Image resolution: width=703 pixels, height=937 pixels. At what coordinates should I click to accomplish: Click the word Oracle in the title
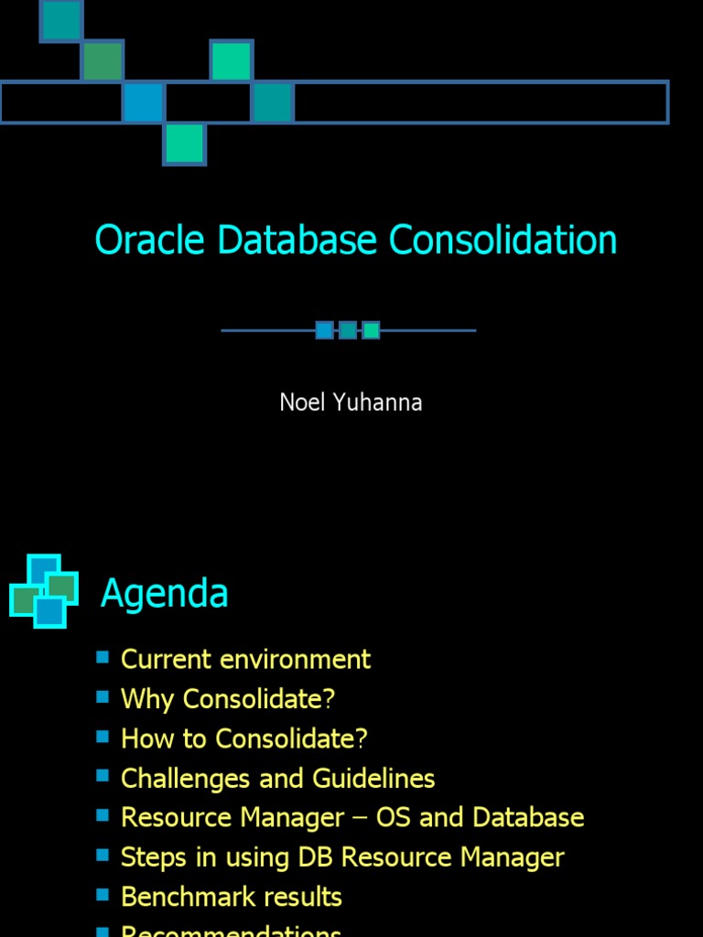click(151, 241)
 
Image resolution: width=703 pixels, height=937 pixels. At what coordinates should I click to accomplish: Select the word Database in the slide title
click(297, 241)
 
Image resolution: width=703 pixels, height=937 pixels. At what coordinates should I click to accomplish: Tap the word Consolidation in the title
click(503, 241)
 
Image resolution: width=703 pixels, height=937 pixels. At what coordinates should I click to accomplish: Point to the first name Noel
click(302, 403)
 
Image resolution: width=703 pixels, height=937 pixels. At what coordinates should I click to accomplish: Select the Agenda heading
click(164, 593)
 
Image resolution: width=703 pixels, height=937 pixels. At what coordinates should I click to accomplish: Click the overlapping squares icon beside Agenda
click(43, 591)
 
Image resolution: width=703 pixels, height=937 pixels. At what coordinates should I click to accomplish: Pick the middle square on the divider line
click(348, 330)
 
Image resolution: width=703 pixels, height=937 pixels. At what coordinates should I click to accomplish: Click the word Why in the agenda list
click(147, 699)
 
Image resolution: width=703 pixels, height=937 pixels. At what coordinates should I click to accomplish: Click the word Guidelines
click(373, 779)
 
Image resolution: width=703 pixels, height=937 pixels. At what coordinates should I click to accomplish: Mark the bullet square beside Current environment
click(103, 657)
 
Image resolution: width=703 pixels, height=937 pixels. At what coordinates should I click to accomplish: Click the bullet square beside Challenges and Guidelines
click(103, 776)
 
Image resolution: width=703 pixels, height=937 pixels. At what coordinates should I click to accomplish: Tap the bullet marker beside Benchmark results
click(103, 894)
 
